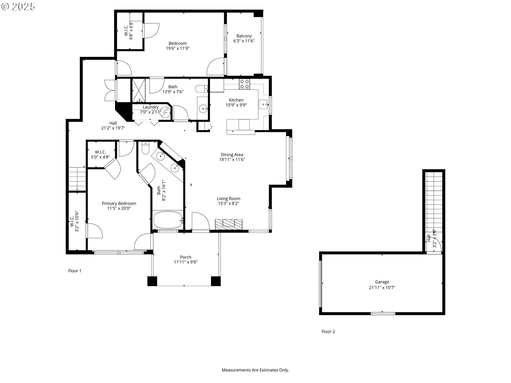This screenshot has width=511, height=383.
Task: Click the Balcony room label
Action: (244, 36)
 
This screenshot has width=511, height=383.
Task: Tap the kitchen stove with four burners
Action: (244, 84)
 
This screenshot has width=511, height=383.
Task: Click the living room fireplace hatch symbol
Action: (229, 224)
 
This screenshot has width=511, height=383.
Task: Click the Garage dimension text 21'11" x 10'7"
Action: (382, 288)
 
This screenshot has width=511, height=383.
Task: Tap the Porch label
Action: (186, 257)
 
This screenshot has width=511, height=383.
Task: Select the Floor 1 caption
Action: (75, 271)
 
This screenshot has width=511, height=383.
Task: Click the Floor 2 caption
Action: (328, 332)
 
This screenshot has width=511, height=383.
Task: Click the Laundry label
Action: (151, 107)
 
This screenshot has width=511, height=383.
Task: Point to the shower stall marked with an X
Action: (139, 90)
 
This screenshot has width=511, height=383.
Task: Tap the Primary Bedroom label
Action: (119, 203)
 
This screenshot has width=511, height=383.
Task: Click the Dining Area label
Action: (232, 155)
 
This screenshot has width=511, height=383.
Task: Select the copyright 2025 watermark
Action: (18, 7)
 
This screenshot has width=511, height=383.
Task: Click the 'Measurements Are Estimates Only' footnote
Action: (255, 370)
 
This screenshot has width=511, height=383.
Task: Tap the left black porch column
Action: (152, 281)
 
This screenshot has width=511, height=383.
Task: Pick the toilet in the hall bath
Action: (201, 89)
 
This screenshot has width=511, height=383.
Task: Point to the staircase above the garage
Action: (434, 202)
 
